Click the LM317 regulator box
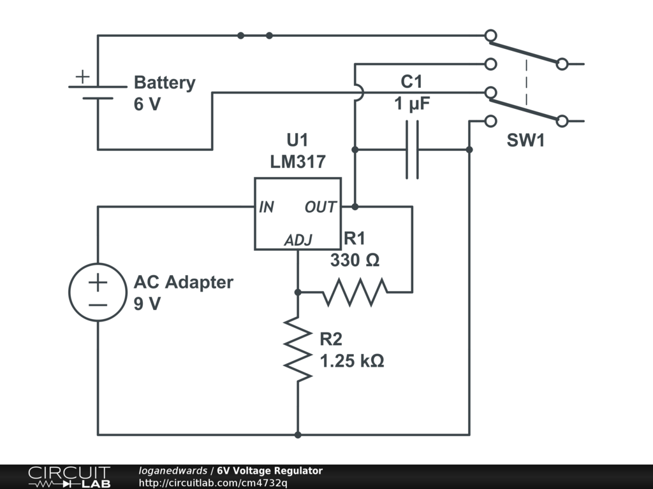pyautogui.click(x=298, y=213)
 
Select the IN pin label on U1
pyautogui.click(x=266, y=207)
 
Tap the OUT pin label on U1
pyautogui.click(x=320, y=207)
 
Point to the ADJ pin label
pyautogui.click(x=298, y=240)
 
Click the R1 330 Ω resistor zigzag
pyautogui.click(x=355, y=292)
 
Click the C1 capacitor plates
pyautogui.click(x=413, y=150)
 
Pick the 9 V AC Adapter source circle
pyautogui.click(x=98, y=292)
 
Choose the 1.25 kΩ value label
pyautogui.click(x=352, y=361)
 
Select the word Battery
pyautogui.click(x=164, y=83)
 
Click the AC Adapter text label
pyautogui.click(x=183, y=282)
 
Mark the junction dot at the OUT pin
pyautogui.click(x=355, y=206)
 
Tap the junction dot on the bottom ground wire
pyautogui.click(x=298, y=435)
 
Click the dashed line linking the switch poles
pyautogui.click(x=526, y=83)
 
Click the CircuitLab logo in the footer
pyautogui.click(x=69, y=477)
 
